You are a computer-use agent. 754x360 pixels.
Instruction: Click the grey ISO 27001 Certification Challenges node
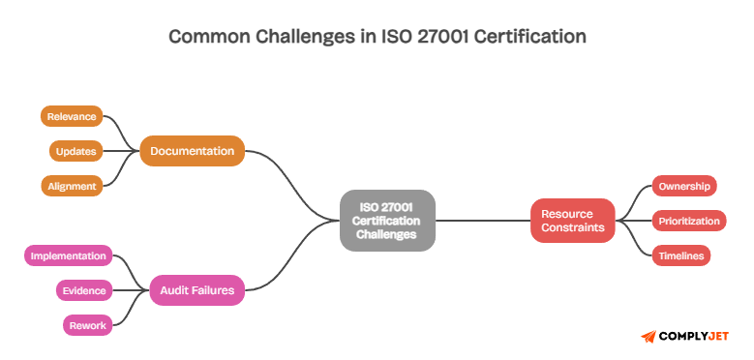(387, 221)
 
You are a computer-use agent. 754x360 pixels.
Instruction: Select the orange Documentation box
(192, 151)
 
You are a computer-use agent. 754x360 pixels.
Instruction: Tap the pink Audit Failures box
(196, 288)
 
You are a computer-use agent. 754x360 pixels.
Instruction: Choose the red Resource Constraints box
(572, 221)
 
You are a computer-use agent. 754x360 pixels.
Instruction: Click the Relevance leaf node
(72, 116)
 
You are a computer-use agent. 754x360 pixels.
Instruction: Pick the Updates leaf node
(75, 151)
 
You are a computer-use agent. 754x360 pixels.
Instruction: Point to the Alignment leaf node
(72, 186)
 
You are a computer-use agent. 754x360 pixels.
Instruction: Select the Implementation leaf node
(67, 255)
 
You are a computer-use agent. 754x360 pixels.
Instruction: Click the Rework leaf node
(87, 325)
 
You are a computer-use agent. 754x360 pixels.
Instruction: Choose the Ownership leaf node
(683, 186)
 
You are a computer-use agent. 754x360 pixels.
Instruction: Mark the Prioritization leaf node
(688, 221)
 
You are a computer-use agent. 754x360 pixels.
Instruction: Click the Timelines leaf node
(681, 255)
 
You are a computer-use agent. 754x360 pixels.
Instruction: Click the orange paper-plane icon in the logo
(648, 336)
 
